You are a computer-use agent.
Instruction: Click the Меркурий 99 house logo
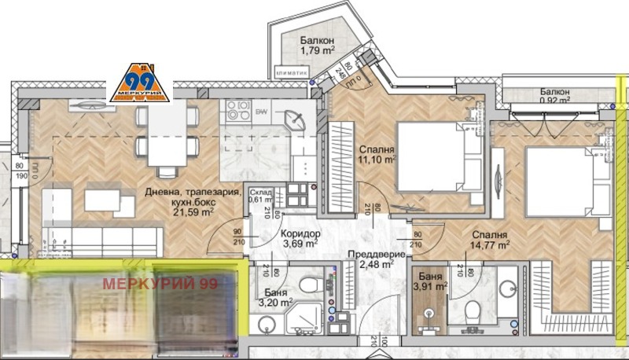tap(139, 82)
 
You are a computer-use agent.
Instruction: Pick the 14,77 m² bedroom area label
tap(489, 244)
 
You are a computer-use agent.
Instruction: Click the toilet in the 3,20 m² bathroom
tap(309, 282)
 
